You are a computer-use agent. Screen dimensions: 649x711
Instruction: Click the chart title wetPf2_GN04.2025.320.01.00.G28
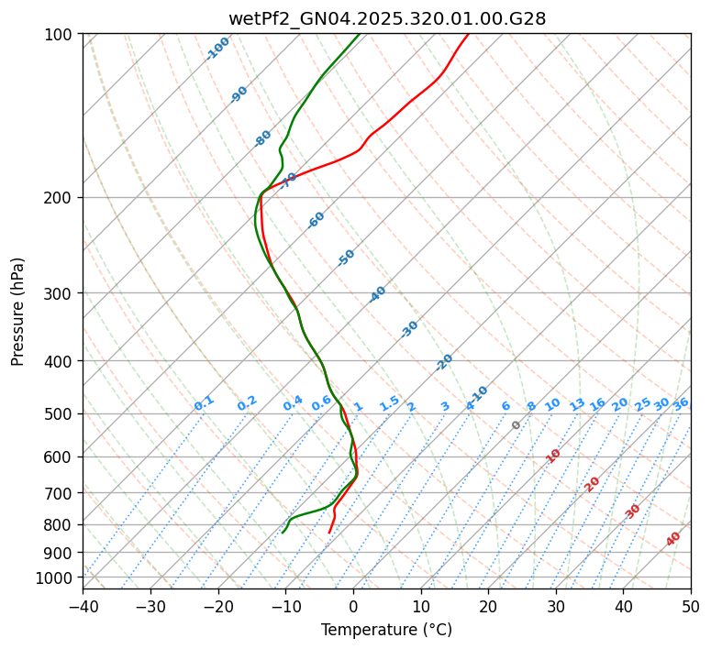tap(386, 18)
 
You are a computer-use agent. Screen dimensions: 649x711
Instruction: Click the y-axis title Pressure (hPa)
tap(18, 312)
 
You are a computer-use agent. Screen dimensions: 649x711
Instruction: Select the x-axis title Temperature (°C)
tap(386, 631)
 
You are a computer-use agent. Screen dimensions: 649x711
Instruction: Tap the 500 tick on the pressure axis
tap(60, 414)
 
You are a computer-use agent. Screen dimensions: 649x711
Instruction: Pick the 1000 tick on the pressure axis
tap(56, 577)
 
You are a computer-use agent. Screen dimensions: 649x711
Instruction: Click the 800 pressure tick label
tap(60, 525)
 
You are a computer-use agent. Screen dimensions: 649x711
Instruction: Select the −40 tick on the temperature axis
tap(83, 606)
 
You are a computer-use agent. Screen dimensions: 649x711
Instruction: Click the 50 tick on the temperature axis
tap(691, 606)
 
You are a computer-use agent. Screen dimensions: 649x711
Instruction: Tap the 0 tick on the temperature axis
tap(353, 606)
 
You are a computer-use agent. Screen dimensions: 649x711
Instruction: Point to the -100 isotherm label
tap(217, 49)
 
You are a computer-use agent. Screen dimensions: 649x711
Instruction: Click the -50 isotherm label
tap(346, 258)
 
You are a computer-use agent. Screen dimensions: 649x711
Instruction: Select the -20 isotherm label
tap(444, 362)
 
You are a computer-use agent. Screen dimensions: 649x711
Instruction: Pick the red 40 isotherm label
tap(673, 539)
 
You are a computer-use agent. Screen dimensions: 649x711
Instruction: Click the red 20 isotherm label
tap(593, 483)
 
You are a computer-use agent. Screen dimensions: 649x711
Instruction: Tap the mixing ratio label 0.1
tap(204, 403)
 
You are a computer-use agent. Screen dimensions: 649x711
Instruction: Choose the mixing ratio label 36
tap(681, 403)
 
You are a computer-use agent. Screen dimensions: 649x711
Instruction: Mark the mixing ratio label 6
tap(505, 406)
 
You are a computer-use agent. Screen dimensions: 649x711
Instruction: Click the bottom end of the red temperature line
tap(329, 533)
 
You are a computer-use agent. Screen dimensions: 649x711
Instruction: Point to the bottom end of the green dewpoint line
tap(283, 533)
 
